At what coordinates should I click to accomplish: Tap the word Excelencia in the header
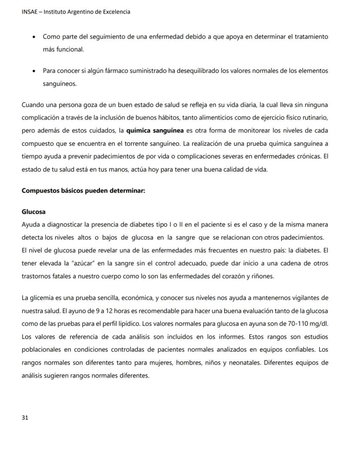coord(115,12)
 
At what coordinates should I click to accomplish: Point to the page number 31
coord(25,417)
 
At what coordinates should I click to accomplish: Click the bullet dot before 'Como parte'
coord(34,37)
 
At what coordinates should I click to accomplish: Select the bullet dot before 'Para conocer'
coord(34,71)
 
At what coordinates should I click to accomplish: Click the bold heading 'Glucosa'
coord(33,212)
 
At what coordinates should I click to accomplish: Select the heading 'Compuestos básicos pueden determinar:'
coord(83,191)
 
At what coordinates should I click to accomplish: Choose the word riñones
coord(262,276)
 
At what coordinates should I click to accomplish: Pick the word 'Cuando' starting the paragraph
coord(32,105)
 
